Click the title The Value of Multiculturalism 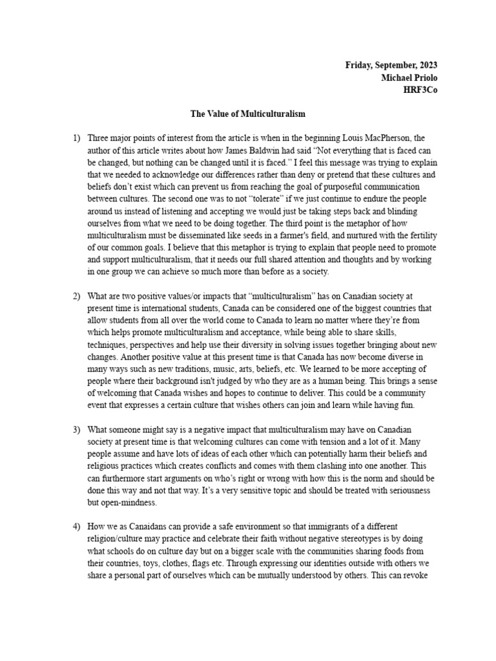coord(247,114)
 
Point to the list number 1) coord(77,138)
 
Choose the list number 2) coord(77,296)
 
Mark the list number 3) coord(77,429)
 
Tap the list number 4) coord(77,527)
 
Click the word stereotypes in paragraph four coord(358,540)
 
